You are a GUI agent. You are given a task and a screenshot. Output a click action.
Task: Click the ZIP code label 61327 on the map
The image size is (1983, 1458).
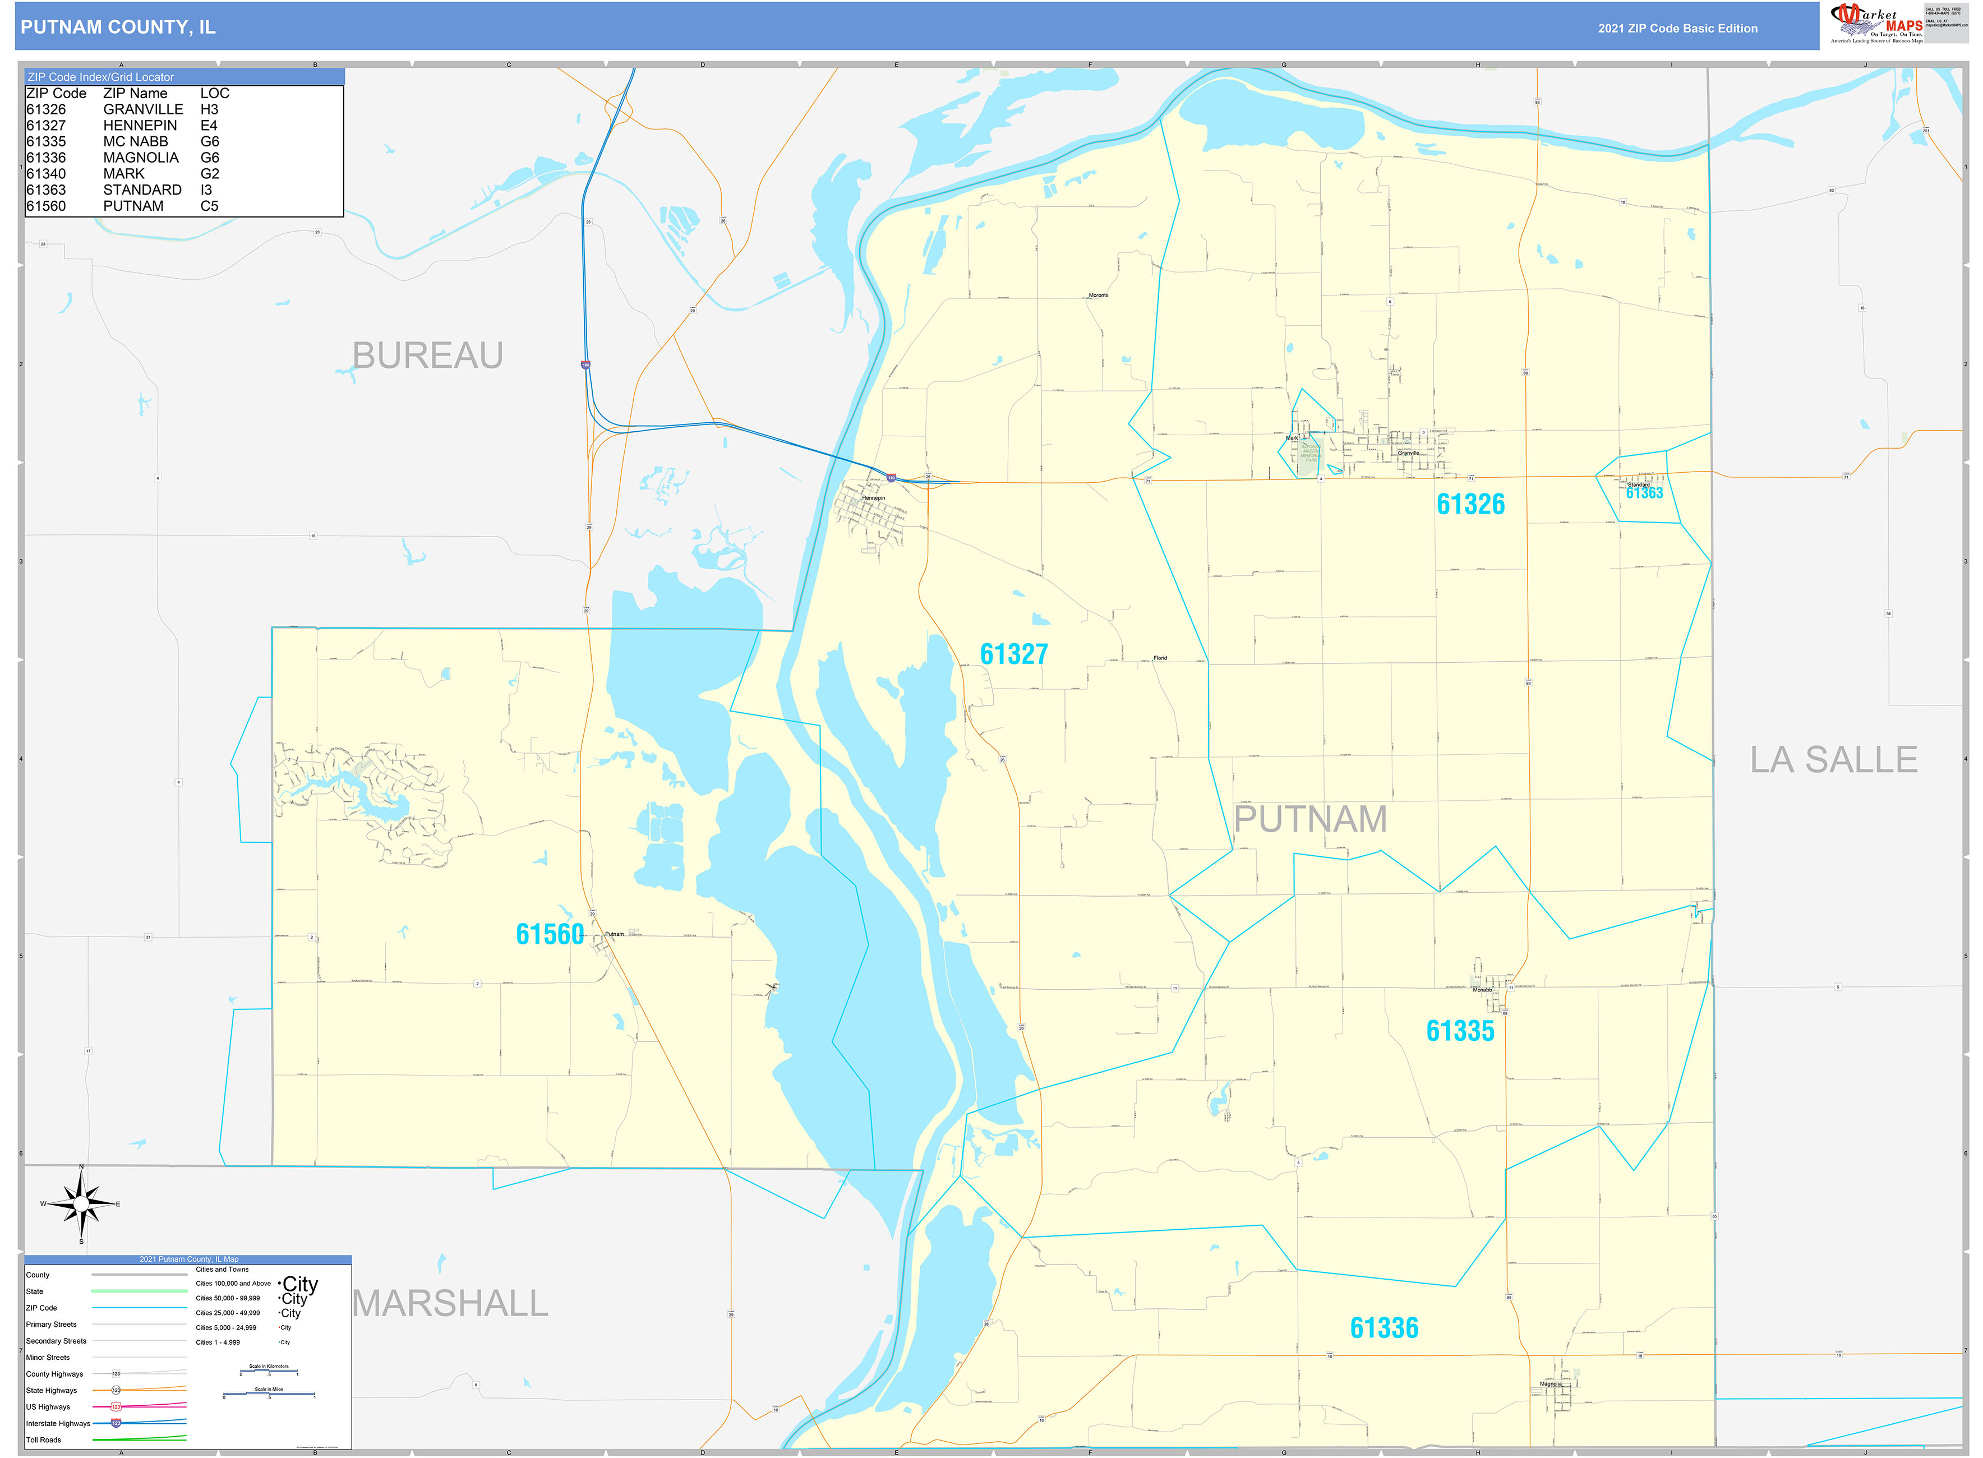1013,654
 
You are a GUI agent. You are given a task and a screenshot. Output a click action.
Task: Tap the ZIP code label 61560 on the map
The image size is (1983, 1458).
549,934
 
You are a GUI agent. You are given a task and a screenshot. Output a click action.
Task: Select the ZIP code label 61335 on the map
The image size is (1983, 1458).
1460,1031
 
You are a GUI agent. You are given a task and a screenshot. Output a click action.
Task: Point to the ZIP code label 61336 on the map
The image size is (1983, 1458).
1384,1327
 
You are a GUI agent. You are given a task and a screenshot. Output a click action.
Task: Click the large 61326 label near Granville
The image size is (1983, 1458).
1470,504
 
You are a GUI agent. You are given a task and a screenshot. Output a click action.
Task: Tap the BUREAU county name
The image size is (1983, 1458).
427,356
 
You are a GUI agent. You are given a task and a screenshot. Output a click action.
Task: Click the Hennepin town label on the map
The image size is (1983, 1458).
873,498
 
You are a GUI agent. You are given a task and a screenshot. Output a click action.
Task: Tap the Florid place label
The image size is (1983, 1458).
1160,658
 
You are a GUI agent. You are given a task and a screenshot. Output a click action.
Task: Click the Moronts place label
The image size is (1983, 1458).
1098,295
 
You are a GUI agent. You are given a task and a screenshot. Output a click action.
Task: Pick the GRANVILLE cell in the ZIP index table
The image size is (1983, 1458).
143,109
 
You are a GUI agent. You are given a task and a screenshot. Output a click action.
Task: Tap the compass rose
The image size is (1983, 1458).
81,1204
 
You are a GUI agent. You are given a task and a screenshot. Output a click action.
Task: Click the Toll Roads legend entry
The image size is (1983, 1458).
44,1439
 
